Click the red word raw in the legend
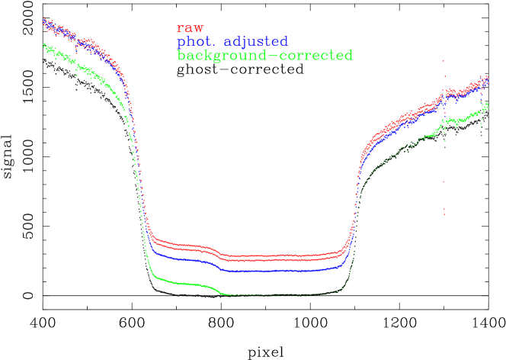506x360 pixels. click(190, 29)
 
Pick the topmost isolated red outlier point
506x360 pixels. click(444, 62)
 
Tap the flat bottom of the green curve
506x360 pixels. click(282, 294)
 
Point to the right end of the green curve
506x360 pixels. click(486, 107)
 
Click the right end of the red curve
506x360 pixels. click(487, 77)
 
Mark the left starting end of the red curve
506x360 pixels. click(44, 20)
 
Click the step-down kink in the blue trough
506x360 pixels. click(221, 266)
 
